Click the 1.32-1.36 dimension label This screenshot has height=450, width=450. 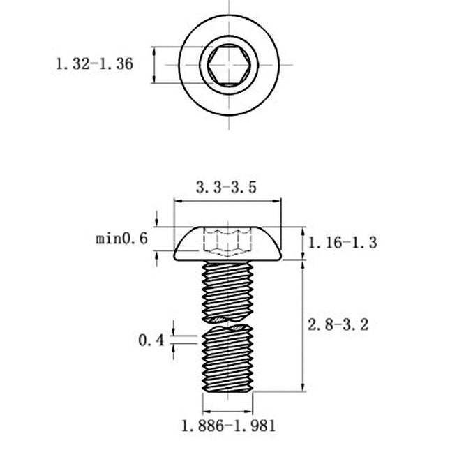94,64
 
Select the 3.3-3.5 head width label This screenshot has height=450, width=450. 226,187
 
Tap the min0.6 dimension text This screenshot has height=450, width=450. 122,239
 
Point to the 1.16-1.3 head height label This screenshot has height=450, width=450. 343,243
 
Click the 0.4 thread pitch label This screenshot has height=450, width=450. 151,340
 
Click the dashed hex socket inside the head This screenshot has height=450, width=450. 228,242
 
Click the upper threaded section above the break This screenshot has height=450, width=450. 228,290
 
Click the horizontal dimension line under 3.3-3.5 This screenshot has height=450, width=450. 228,201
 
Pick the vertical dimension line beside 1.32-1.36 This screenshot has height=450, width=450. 153,65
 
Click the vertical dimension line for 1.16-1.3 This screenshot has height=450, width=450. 303,243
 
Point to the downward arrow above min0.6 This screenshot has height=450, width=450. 157,218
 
